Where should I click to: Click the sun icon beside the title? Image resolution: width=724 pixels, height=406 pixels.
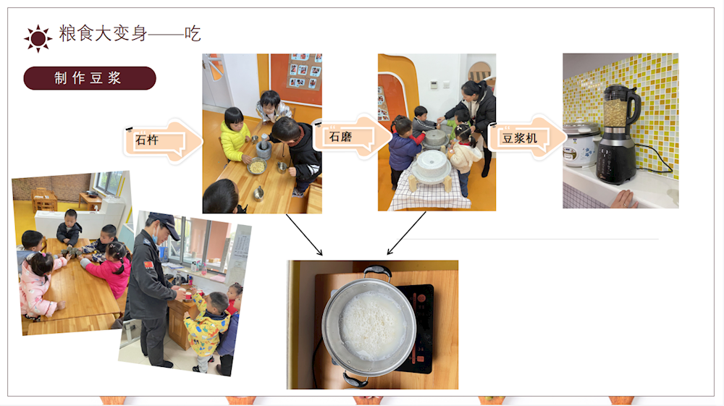[38, 38]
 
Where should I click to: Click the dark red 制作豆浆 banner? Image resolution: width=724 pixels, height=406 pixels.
[90, 78]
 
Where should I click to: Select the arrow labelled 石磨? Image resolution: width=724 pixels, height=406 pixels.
[353, 137]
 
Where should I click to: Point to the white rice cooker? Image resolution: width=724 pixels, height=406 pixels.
[581, 144]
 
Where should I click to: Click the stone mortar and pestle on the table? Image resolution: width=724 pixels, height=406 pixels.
[264, 147]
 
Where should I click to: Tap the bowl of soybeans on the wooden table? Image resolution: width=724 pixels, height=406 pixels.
[257, 166]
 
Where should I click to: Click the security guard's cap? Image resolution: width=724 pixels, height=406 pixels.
[165, 224]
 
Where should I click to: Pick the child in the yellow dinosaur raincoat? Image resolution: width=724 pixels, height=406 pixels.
[207, 329]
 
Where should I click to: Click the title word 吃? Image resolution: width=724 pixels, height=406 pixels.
[193, 34]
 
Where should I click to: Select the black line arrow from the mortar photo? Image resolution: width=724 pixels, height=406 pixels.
[304, 234]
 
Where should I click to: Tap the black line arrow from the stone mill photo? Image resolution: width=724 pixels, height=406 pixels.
[406, 233]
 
